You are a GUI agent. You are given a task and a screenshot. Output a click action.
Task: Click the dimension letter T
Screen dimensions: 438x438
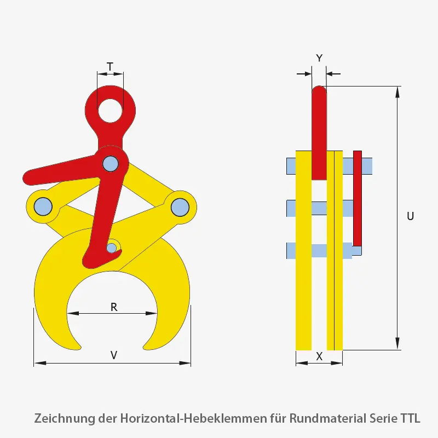point(110,67)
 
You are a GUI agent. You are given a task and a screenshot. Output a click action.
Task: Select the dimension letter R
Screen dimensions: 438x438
point(114,307)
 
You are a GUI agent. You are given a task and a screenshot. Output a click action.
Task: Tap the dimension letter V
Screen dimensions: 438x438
point(114,355)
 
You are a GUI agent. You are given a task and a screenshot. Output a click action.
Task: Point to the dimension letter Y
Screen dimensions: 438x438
point(320,57)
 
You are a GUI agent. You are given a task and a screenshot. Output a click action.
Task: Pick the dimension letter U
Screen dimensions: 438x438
point(410,216)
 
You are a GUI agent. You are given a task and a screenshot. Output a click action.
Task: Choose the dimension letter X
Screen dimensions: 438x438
point(320,356)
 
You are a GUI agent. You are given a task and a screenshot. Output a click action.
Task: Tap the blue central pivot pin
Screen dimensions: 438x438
point(110,163)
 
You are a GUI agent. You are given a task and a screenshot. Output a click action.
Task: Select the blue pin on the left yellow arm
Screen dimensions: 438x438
point(43,206)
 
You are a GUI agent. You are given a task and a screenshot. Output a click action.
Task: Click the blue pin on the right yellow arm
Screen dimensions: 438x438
point(179,206)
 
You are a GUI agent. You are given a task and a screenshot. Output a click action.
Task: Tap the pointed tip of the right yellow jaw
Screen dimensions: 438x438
point(146,347)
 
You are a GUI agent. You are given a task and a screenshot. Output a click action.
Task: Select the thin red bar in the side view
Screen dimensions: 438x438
point(357,197)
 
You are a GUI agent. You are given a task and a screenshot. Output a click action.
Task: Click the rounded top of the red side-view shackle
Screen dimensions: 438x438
point(319,90)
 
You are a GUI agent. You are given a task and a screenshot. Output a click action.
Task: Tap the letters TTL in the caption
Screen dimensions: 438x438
point(410,419)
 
